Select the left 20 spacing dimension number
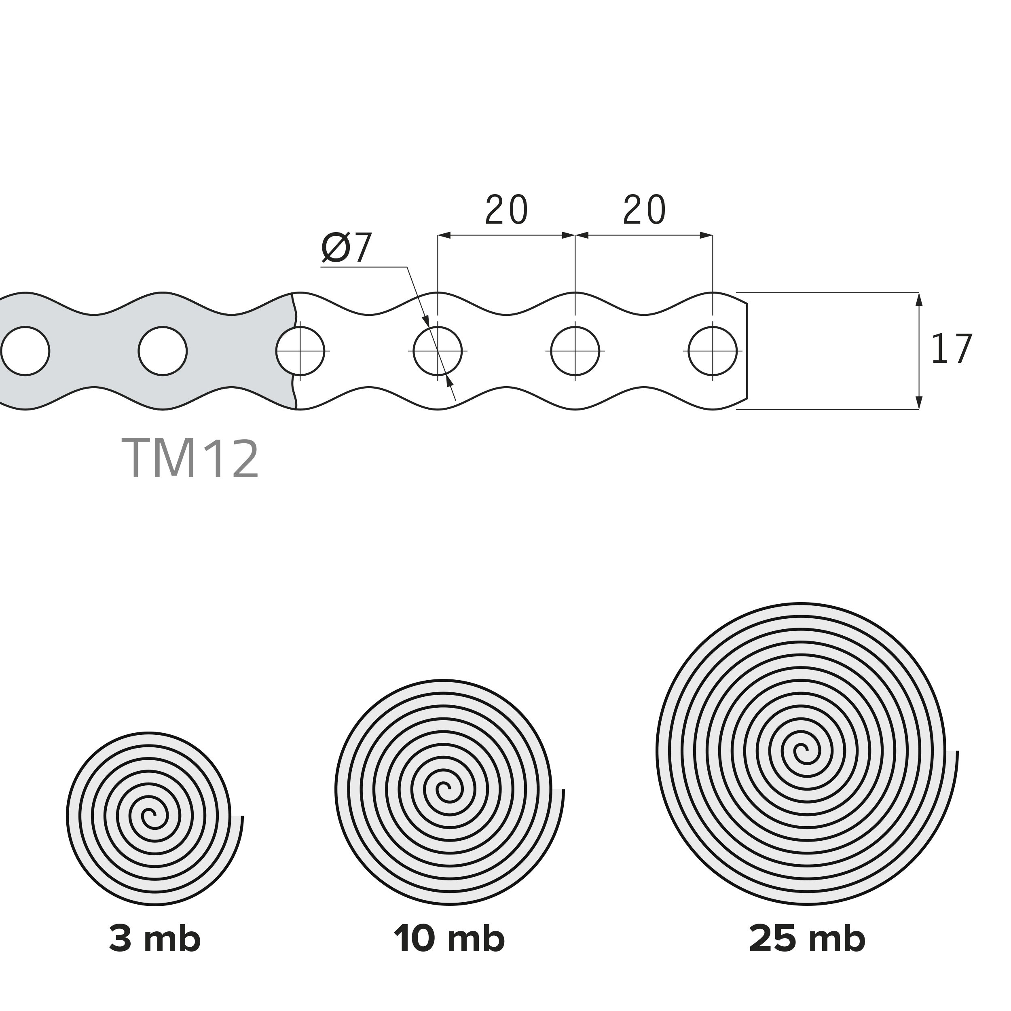coord(507,210)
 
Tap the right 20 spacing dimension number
coord(644,210)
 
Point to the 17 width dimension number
coord(952,349)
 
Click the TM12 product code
coord(190,459)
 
